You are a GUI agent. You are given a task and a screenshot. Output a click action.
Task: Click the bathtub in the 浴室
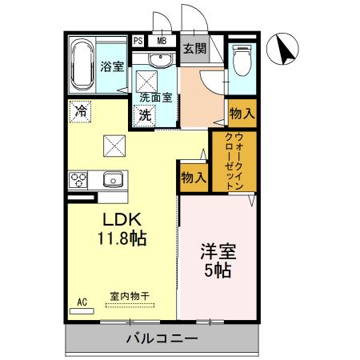click(x=82, y=65)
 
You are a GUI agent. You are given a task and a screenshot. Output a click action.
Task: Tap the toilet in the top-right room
click(x=240, y=62)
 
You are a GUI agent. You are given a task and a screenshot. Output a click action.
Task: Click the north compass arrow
click(x=285, y=50)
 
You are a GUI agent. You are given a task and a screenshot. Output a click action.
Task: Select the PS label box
click(x=138, y=41)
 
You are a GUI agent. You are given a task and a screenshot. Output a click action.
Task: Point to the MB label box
click(x=162, y=41)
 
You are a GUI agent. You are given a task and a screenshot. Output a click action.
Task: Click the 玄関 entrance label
click(x=194, y=48)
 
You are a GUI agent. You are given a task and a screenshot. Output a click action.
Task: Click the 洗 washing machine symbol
click(x=145, y=114)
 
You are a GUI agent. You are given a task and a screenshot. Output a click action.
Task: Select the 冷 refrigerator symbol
click(x=80, y=112)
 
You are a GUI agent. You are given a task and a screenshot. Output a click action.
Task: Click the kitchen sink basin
click(x=112, y=179)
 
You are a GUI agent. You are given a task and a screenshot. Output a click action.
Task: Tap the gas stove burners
click(x=79, y=179)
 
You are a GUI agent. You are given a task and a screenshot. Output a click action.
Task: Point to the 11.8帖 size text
click(x=122, y=237)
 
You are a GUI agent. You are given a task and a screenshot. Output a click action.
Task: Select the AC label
click(x=82, y=302)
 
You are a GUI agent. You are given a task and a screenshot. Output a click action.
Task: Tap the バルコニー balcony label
click(x=161, y=339)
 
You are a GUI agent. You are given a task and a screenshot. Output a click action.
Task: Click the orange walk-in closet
click(x=231, y=160)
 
